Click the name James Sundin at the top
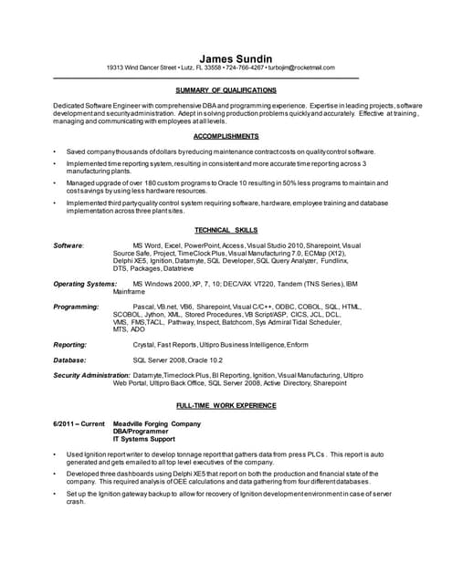(226, 57)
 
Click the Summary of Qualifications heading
(226, 90)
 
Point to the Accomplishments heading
(226, 135)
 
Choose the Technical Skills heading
(226, 231)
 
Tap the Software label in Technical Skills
(68, 245)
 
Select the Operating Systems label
(85, 284)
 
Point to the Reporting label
(70, 345)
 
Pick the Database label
(70, 360)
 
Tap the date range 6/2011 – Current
(79, 424)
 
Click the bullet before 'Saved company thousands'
(56, 151)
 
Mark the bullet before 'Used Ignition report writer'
(56, 454)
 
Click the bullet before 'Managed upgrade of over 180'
(56, 182)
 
